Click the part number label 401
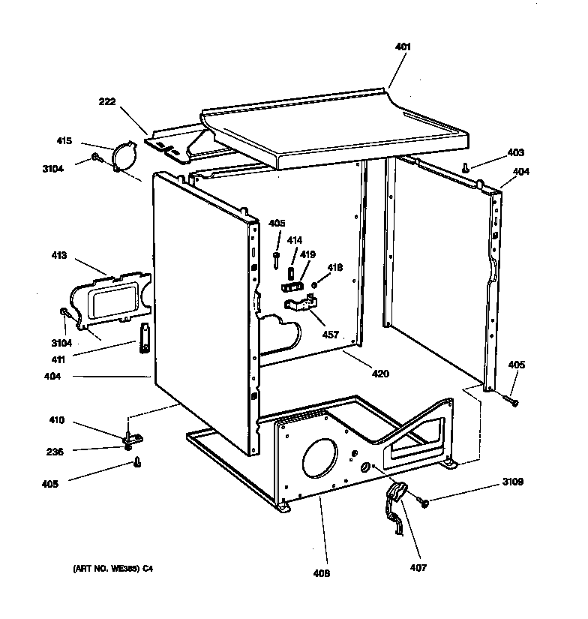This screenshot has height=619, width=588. tap(403, 47)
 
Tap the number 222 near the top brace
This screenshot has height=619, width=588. tap(106, 102)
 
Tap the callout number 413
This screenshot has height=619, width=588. tap(58, 256)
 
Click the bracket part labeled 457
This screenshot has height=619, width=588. tap(300, 305)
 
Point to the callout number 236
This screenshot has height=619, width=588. tap(55, 451)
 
